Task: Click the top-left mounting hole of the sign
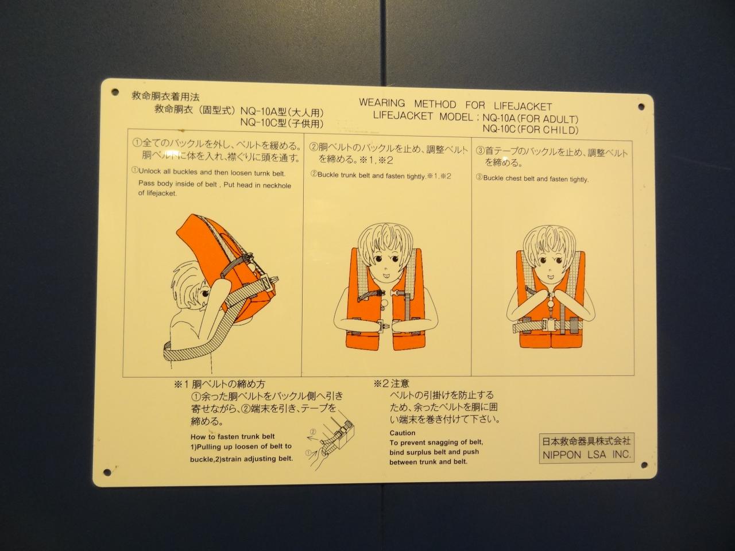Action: (x=114, y=92)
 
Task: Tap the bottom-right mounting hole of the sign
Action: (x=644, y=465)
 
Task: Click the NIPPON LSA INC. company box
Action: (x=587, y=448)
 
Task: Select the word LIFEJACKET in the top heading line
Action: (x=523, y=106)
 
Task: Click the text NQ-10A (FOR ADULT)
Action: (x=531, y=119)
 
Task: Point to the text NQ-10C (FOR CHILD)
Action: (x=531, y=130)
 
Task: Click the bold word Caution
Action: (x=402, y=433)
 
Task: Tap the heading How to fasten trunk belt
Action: (x=233, y=437)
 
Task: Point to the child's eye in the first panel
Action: (x=204, y=293)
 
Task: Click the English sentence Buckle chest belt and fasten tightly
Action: (x=535, y=179)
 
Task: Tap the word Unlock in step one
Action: (x=149, y=172)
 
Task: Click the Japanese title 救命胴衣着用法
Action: (x=165, y=96)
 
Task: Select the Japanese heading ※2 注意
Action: (x=392, y=383)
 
